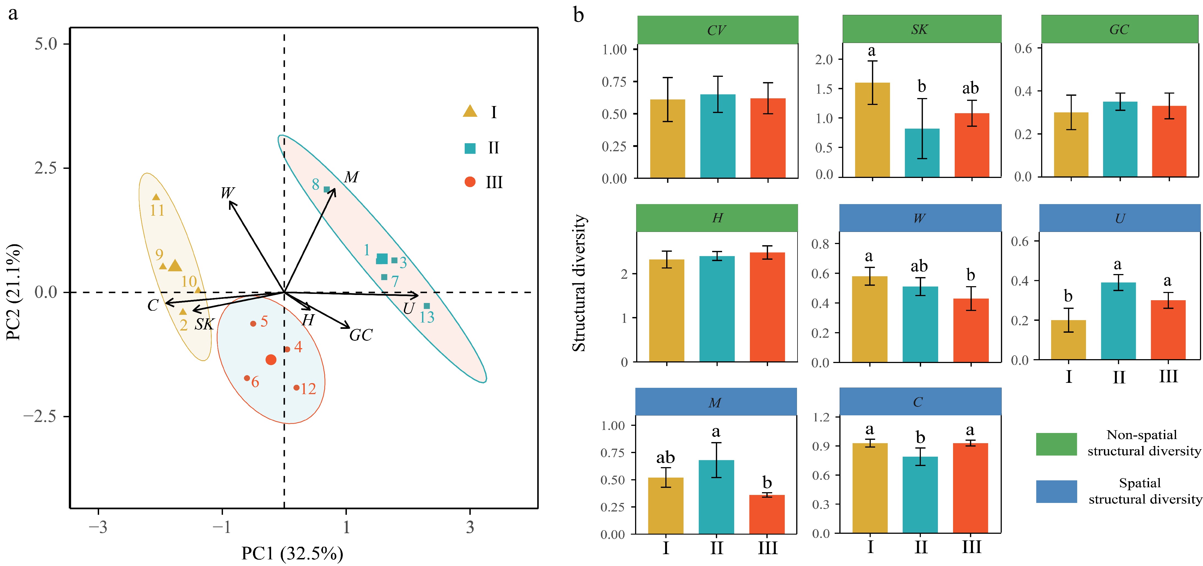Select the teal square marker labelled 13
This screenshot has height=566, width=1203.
point(426,306)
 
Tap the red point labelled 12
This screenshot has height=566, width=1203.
point(296,388)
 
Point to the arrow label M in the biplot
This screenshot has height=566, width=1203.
point(351,177)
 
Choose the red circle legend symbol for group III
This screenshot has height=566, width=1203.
point(470,182)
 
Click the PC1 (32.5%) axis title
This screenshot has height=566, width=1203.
point(292,553)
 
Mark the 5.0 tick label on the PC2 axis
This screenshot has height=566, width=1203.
point(46,44)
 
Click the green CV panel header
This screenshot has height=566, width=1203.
point(717,30)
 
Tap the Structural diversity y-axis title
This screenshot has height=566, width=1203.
point(579,283)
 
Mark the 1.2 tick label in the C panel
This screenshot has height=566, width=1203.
point(821,417)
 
